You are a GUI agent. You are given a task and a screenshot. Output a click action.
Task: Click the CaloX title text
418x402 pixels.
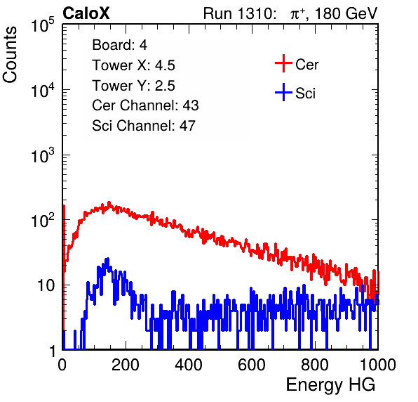tap(86, 13)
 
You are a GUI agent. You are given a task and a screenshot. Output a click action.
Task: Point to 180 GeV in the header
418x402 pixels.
tap(346, 13)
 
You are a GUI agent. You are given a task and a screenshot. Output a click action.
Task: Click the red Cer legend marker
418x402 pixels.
tap(283, 63)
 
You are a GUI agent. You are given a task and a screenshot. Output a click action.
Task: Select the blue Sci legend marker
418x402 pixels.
tap(283, 92)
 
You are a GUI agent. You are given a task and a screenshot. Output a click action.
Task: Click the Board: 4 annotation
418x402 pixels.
tap(120, 45)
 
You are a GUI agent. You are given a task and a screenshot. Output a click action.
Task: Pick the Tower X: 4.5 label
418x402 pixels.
tap(133, 65)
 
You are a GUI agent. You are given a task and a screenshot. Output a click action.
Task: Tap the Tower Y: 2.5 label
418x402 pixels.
tap(133, 86)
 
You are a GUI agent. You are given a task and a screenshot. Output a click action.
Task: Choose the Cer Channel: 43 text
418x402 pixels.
tap(145, 105)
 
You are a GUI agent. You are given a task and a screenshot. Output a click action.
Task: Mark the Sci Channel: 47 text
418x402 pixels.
tap(144, 126)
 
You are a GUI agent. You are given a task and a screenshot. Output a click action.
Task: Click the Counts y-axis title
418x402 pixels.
tap(10, 55)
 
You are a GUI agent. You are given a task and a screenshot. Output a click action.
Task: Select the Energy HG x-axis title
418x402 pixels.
tap(330, 385)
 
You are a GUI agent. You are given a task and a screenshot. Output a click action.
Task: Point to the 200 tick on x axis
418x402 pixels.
tap(126, 365)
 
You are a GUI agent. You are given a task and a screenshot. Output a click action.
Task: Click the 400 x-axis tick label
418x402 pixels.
tap(189, 365)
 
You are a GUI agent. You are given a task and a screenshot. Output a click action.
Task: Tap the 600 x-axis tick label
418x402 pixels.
tap(252, 365)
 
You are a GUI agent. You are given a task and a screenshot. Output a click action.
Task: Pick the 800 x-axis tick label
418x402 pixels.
tap(315, 365)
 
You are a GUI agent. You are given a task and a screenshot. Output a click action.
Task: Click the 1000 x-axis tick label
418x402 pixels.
tap(378, 365)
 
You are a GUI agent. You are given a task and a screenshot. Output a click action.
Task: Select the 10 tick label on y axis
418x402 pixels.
tap(46, 285)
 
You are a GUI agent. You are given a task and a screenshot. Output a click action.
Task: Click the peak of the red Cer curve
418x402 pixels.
tap(109, 202)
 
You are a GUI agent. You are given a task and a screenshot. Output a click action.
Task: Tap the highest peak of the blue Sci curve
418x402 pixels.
tap(108, 259)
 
